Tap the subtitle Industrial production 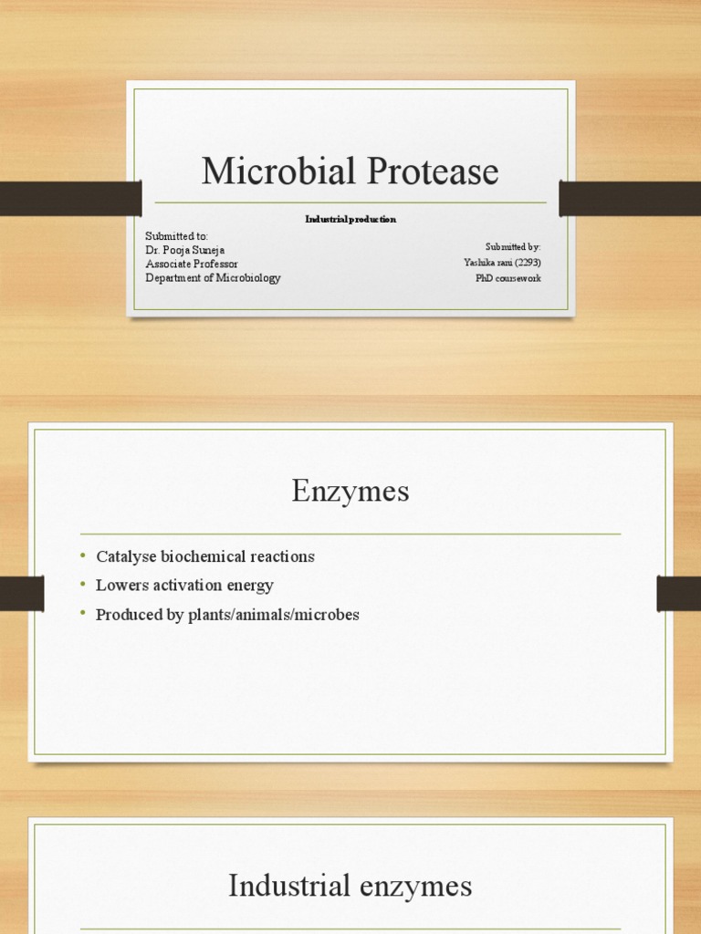coord(350,220)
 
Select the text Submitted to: coord(177,236)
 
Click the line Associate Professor coord(192,264)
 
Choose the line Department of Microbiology coord(213,277)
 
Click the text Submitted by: coord(513,247)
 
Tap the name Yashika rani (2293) coord(502,263)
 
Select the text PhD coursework coord(507,277)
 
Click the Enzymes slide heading coord(350,492)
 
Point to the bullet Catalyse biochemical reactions coord(204,556)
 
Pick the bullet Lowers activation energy coord(184,586)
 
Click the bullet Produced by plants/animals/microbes coord(227,615)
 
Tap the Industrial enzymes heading coord(350,885)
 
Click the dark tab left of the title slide coord(70,198)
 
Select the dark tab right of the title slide coord(630,198)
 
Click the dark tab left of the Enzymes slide coord(22,594)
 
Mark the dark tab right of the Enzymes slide coord(678,594)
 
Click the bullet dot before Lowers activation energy coord(81,584)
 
